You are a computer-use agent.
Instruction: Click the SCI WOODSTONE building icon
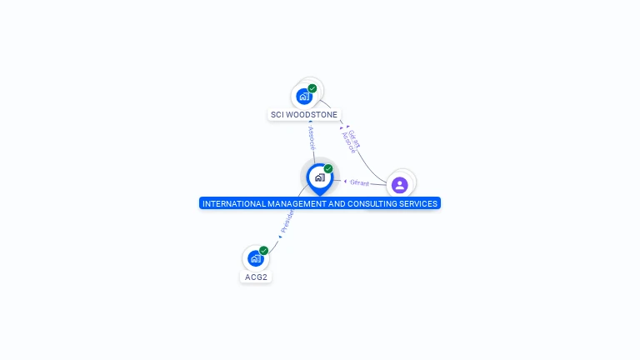[304, 96]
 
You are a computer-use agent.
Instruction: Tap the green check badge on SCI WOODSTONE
[312, 88]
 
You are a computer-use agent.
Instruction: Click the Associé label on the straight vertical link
[312, 137]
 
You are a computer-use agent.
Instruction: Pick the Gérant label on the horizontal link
[359, 182]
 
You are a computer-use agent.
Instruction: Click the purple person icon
[399, 184]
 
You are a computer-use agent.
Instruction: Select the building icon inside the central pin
[319, 177]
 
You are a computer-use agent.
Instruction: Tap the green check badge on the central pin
[328, 168]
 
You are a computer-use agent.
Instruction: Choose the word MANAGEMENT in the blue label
[296, 203]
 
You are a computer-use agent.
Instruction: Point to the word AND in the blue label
[337, 203]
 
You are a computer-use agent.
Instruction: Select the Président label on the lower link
[287, 220]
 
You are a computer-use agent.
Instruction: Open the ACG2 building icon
[255, 258]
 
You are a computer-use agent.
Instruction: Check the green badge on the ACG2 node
[264, 250]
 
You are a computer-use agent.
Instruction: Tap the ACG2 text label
[256, 277]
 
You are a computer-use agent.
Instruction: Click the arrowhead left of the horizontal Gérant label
[345, 181]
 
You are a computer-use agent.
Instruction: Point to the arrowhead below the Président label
[280, 237]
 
